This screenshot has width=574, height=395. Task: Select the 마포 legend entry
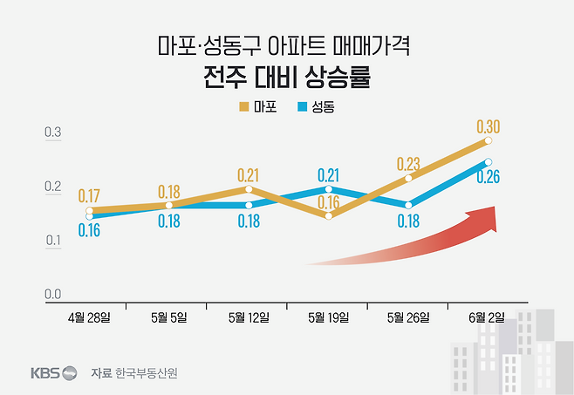pos(257,108)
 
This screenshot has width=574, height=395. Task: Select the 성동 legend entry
pos(316,108)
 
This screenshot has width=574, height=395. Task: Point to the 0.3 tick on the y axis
pos(53,133)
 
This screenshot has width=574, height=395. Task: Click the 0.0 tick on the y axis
pos(53,295)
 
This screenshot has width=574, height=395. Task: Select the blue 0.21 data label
pos(329,174)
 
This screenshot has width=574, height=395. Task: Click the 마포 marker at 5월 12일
pos(249,188)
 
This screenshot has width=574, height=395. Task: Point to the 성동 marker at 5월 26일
pos(408,205)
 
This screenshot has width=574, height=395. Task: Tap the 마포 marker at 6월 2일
pos(489,140)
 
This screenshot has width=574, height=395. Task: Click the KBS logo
pos(52,372)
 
